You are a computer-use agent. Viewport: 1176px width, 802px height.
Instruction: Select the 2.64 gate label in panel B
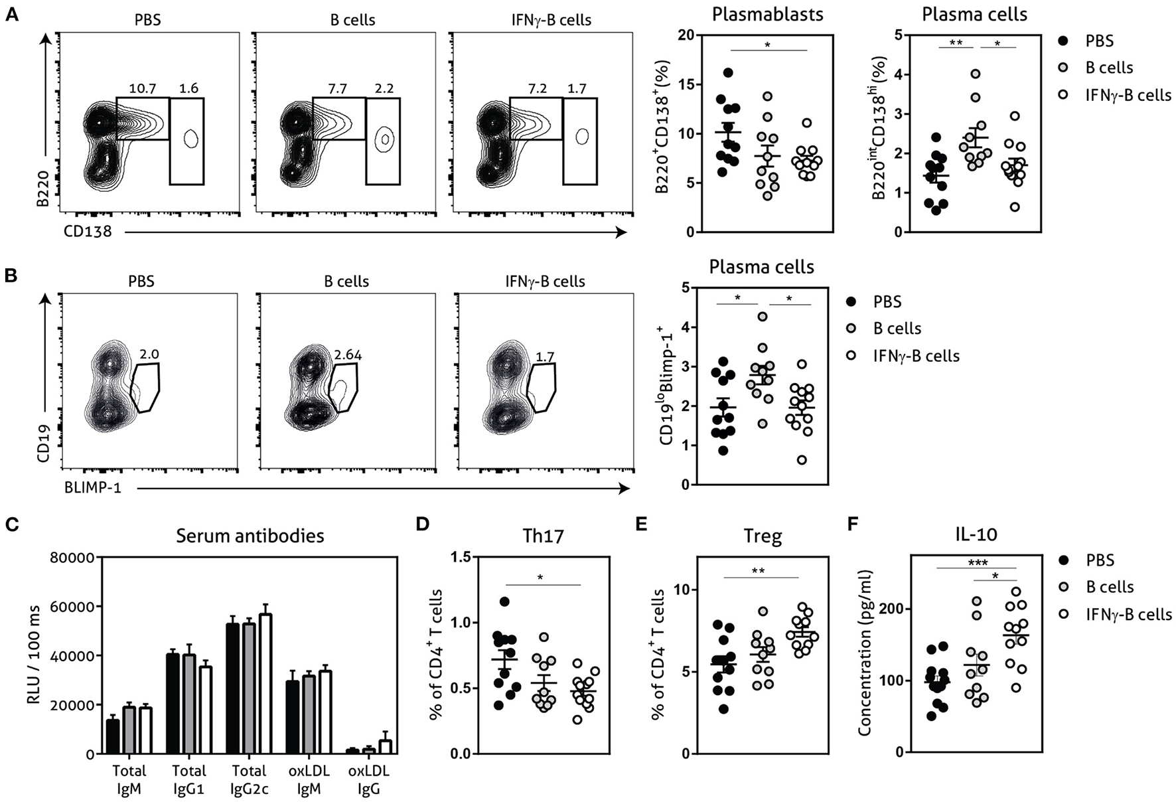(x=348, y=355)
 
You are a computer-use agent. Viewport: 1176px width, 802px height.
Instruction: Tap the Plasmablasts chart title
(x=768, y=15)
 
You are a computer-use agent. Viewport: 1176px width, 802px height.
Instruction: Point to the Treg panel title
(x=763, y=536)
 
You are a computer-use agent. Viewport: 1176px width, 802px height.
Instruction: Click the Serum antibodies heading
(x=250, y=536)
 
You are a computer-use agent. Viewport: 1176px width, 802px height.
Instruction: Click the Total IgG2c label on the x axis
(x=250, y=779)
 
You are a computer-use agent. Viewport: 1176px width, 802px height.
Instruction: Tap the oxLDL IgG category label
(x=369, y=779)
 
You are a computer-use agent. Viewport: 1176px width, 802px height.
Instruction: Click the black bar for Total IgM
(x=113, y=737)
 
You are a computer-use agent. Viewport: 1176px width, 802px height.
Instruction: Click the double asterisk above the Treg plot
(x=759, y=570)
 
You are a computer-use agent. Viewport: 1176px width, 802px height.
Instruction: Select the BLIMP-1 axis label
(x=92, y=489)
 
